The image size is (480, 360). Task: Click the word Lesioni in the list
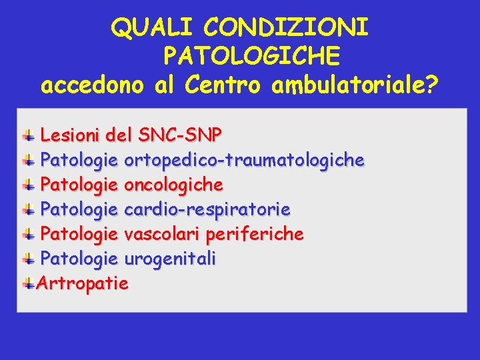69,135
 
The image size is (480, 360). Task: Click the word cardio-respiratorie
207,209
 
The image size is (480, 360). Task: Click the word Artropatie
83,283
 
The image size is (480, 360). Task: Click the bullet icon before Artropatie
29,284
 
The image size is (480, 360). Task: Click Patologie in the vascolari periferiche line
79,234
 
